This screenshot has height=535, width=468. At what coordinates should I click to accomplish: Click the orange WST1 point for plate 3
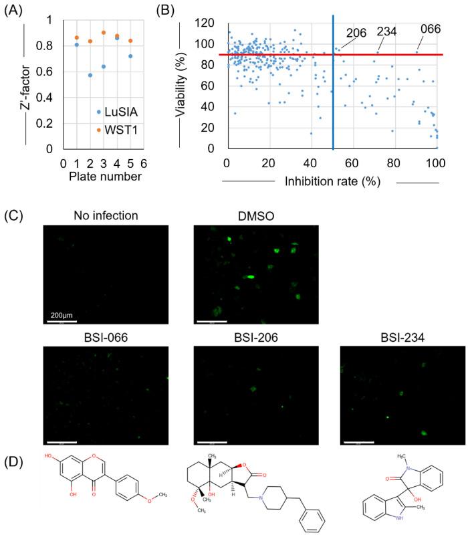click(x=104, y=33)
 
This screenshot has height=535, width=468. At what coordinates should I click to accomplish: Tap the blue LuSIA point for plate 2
click(x=90, y=75)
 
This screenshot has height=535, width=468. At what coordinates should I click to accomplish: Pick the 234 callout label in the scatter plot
click(x=387, y=31)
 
